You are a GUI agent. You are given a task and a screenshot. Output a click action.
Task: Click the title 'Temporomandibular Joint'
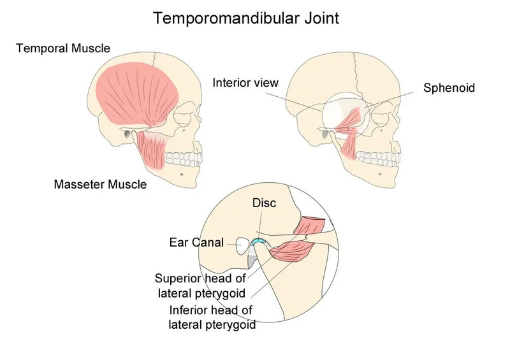pos(247,18)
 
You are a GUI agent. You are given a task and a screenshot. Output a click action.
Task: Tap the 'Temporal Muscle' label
pos(63,48)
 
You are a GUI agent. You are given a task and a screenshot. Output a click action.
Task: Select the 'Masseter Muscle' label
pos(100,185)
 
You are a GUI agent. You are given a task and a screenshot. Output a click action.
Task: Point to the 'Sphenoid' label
pos(449,88)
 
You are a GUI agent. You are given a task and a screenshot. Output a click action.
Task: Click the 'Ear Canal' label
pos(196,243)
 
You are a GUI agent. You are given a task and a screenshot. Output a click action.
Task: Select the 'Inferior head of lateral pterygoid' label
pos(212,317)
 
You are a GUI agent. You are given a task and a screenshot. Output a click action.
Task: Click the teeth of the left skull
pos(185,159)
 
